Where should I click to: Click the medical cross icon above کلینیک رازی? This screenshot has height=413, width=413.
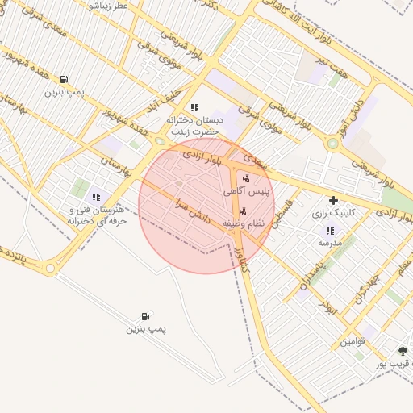[x=333, y=200]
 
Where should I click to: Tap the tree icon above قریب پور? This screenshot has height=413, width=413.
[x=403, y=351]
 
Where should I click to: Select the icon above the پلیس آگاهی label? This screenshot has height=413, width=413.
[x=246, y=179]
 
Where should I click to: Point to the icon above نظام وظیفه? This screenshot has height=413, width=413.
[x=244, y=211]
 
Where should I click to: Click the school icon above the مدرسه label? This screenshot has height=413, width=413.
[x=330, y=231]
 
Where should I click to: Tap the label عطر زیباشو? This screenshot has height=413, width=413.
[x=108, y=6]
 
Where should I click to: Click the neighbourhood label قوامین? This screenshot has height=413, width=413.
[x=353, y=341]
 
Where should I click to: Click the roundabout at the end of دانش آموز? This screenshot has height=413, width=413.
[x=332, y=144]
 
